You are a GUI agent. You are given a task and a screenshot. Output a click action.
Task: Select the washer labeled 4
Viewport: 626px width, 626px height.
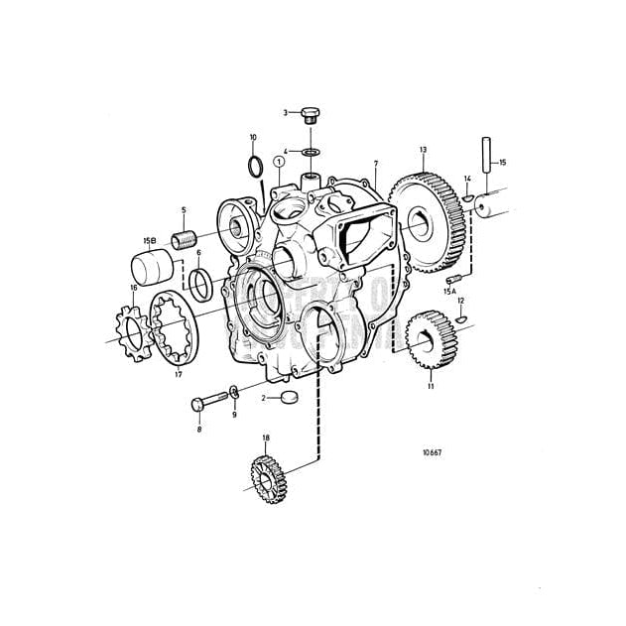pyautogui.click(x=313, y=152)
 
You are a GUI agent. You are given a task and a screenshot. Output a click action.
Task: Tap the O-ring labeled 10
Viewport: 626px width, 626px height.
pyautogui.click(x=255, y=162)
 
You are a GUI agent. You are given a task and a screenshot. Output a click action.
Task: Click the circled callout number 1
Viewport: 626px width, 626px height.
pyautogui.click(x=280, y=161)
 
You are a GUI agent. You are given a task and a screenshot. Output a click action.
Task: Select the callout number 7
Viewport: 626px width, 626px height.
pyautogui.click(x=376, y=161)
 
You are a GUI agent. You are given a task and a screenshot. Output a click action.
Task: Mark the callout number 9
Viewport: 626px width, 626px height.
pyautogui.click(x=234, y=416)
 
